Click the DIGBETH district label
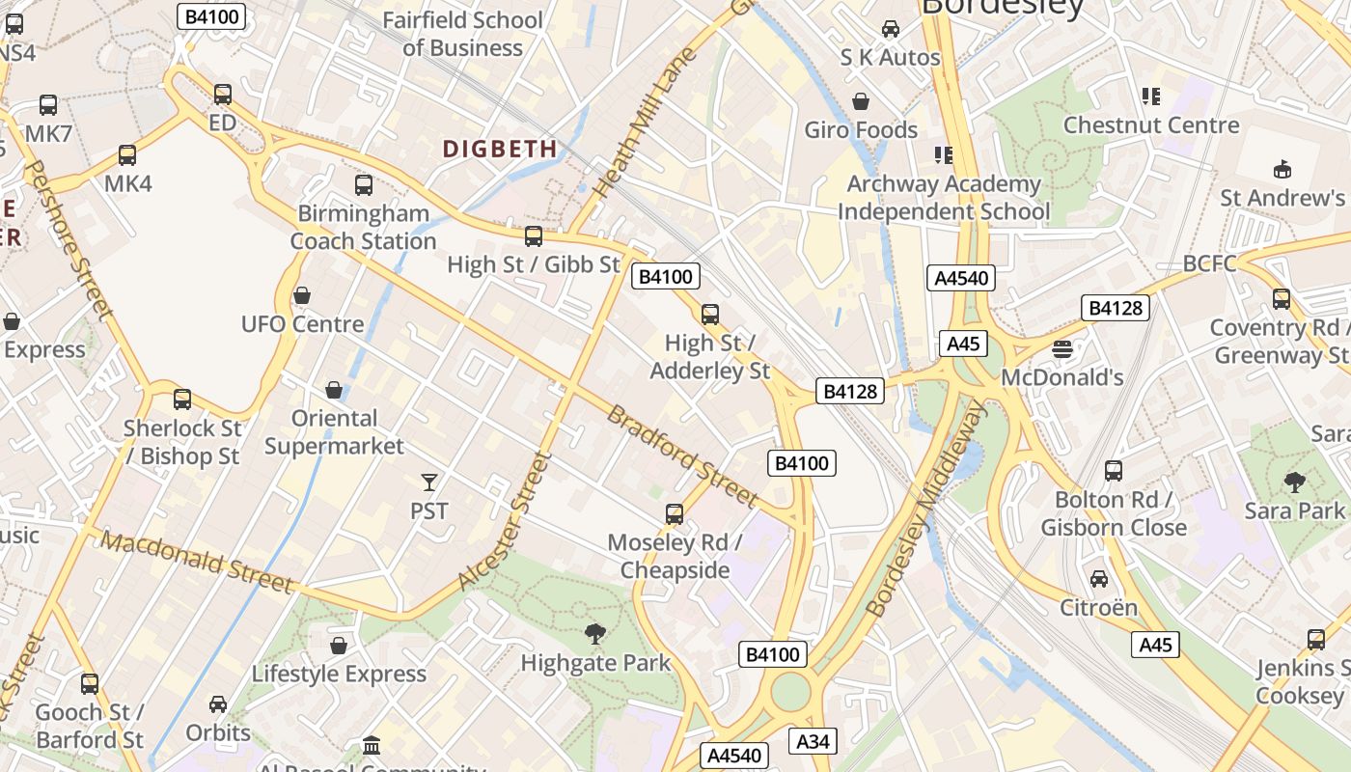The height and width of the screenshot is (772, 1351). point(500,149)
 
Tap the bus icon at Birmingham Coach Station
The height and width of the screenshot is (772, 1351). point(364,184)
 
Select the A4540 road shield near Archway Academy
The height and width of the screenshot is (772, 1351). point(961,279)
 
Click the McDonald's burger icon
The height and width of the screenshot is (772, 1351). point(1062,349)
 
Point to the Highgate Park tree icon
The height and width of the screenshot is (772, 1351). point(595,634)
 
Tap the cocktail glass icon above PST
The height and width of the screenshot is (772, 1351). point(429,482)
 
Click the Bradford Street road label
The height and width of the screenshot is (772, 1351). point(681,455)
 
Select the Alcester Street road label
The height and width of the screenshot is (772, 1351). point(506,522)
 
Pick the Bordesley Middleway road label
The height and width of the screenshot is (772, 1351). point(927,510)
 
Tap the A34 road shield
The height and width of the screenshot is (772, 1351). point(813,741)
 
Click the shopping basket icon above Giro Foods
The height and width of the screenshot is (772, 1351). point(861,101)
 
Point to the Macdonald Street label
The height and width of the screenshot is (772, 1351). point(196,562)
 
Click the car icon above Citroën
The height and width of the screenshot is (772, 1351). point(1099,579)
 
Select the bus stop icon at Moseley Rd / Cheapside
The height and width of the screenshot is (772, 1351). point(675,514)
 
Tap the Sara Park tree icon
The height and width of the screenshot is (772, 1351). point(1294,482)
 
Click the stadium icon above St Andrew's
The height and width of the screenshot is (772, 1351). point(1282,170)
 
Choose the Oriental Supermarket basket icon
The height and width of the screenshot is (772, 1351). point(334,390)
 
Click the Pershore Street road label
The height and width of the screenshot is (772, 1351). point(68,240)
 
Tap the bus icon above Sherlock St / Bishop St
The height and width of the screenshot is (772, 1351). point(181,399)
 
